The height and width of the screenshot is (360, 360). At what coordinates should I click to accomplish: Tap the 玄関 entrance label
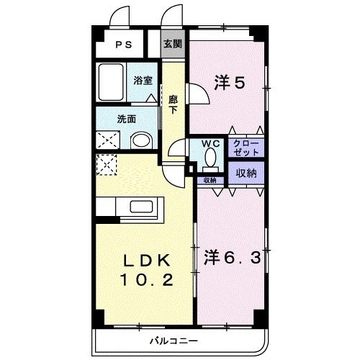pos(172,44)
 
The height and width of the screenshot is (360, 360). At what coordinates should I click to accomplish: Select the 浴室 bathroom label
pos(143,81)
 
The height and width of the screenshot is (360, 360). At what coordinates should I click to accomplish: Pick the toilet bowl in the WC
pos(210,159)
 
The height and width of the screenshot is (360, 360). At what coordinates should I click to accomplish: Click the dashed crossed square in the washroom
pos(107,139)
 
